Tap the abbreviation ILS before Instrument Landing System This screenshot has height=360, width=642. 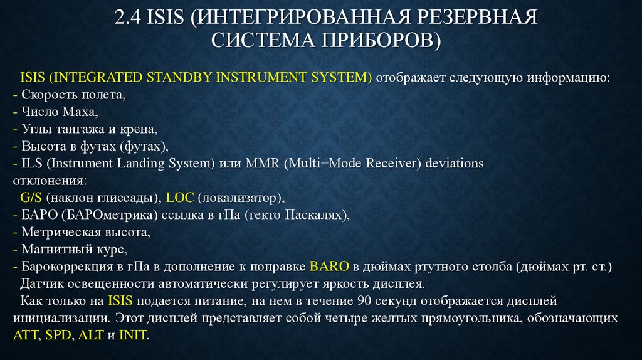click(32, 164)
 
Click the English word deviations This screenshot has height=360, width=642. click(455, 164)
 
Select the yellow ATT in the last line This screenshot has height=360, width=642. click(23, 335)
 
